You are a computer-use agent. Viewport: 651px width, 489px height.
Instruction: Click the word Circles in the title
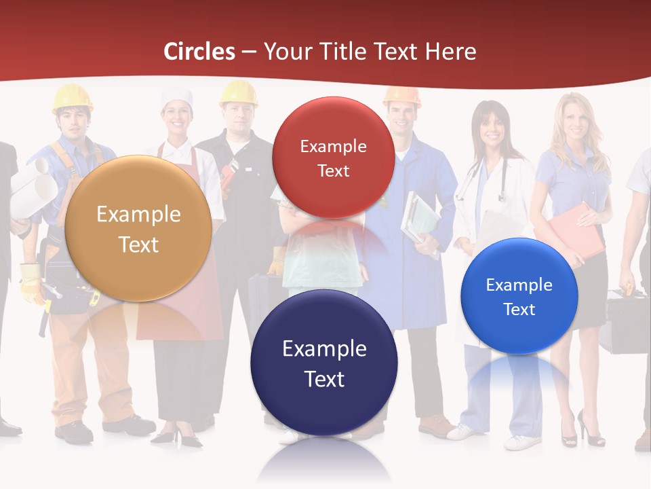[x=199, y=52]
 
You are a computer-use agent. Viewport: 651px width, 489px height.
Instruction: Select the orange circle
[x=138, y=228]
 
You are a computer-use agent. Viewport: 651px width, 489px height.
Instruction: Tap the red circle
[x=333, y=158]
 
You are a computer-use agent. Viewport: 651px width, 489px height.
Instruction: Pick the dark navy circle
[x=324, y=363]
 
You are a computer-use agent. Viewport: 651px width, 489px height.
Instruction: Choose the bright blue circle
[x=519, y=296]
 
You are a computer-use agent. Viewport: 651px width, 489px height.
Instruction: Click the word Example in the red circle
[x=333, y=146]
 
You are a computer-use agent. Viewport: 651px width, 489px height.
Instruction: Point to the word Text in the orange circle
[x=138, y=244]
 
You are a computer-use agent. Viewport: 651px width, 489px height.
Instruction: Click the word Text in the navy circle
[x=324, y=379]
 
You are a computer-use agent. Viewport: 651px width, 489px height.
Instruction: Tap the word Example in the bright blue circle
[x=519, y=285]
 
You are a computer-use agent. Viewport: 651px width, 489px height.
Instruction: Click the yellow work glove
[x=31, y=282]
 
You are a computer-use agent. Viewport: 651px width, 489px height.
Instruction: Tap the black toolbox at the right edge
[x=627, y=323]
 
